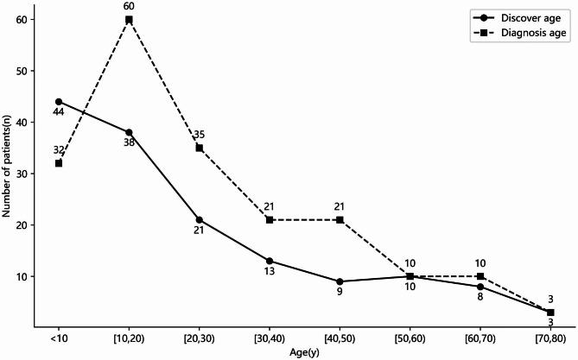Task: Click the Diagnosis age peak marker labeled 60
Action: tap(129, 19)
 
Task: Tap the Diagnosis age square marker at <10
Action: tap(59, 163)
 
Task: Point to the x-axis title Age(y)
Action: tap(305, 352)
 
